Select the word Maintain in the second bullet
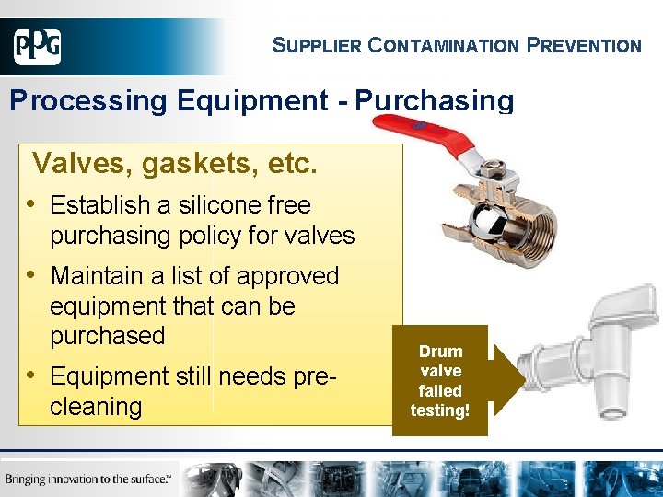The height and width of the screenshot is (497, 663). [x=105, y=276]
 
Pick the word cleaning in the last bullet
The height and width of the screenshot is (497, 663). [x=96, y=406]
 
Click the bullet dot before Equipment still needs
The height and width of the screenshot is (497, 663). [x=32, y=376]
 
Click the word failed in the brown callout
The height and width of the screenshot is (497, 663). [x=440, y=390]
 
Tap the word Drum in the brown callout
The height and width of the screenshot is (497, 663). [x=440, y=351]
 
